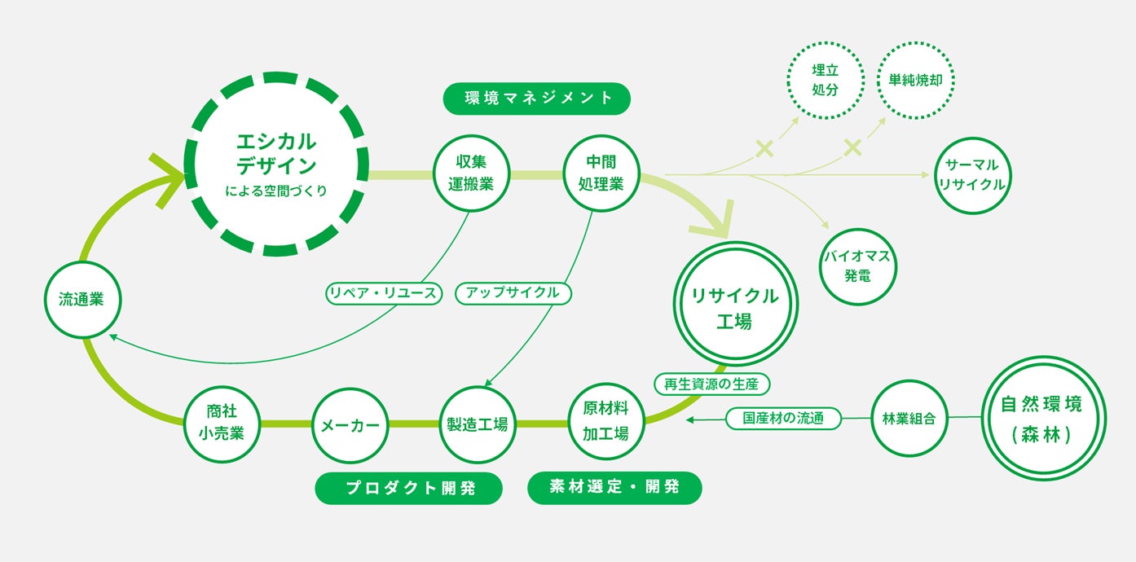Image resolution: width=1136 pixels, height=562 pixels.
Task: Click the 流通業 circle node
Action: point(83,300)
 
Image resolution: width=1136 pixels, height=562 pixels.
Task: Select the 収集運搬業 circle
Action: point(471,173)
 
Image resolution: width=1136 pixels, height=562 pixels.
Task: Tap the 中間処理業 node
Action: point(601,173)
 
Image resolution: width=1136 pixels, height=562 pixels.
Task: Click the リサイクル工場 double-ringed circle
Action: point(734,304)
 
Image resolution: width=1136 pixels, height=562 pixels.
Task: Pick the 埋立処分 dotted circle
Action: point(825,81)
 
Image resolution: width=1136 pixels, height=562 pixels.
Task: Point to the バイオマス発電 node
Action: point(857,266)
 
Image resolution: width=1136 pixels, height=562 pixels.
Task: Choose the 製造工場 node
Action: point(477,424)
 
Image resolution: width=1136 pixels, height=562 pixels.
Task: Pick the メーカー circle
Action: point(350,424)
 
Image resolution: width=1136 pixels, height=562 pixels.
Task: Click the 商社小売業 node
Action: point(222,424)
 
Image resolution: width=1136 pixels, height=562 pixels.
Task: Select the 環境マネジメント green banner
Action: point(538,99)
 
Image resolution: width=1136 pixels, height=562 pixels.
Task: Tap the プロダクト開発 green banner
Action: point(408,488)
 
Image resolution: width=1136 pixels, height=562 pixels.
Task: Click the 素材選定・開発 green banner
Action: point(614,488)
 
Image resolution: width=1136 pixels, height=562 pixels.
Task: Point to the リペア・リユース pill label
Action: point(384,292)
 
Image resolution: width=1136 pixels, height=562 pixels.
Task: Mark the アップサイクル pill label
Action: point(513,292)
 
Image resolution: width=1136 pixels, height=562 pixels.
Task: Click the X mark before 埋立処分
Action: point(764,148)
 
